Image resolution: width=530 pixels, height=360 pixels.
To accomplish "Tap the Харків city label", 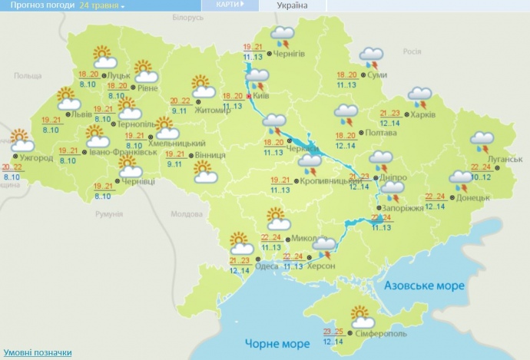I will (x=423, y=114).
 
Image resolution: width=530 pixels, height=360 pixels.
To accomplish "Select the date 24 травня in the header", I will (x=103, y=5).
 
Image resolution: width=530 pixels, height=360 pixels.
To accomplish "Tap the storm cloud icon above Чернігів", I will (x=285, y=35).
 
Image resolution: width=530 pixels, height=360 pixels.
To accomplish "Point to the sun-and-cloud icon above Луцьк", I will (x=104, y=57).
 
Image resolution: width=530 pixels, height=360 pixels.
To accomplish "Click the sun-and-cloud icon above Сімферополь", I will (x=362, y=315).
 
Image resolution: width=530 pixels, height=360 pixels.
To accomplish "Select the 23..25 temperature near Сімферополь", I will (x=333, y=332).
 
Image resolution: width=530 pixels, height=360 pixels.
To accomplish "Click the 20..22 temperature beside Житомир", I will (x=180, y=101).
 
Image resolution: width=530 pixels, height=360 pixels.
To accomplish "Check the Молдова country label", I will (x=184, y=214).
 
